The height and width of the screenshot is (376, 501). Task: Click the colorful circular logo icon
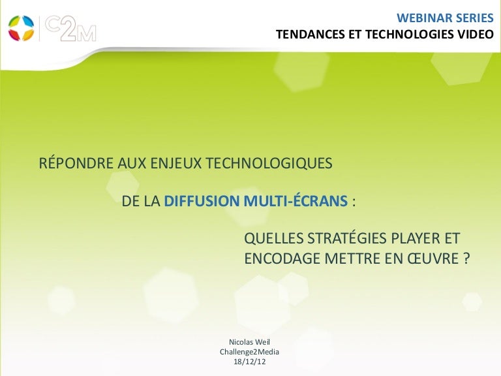[x=21, y=28]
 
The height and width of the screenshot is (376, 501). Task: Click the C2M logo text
[x=70, y=29]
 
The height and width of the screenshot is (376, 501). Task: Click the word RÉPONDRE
[x=76, y=163]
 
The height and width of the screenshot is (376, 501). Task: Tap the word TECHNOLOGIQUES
[x=268, y=163]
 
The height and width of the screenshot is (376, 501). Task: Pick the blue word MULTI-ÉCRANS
[x=296, y=200]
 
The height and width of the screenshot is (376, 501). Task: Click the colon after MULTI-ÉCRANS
[x=354, y=202]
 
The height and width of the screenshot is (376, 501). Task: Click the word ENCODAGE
[x=282, y=258]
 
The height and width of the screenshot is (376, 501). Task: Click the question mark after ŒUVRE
[x=466, y=258]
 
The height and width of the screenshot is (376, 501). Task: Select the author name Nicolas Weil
[x=250, y=342]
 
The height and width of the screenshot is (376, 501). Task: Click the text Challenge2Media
[x=250, y=352]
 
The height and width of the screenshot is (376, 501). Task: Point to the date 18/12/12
[x=250, y=362]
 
